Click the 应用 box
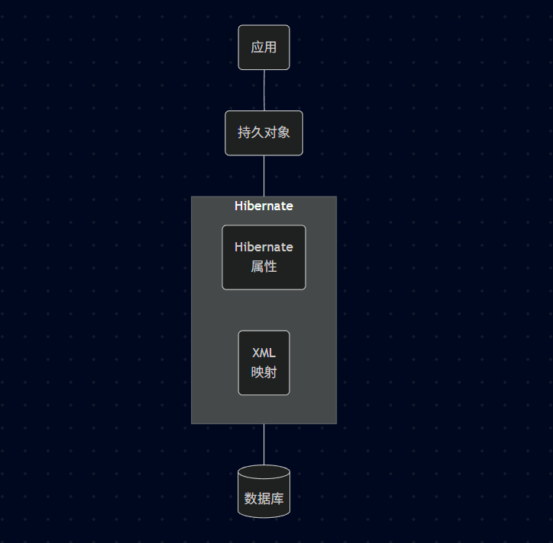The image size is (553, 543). point(264,47)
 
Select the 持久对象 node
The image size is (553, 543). point(264,133)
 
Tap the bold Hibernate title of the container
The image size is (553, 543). point(264,206)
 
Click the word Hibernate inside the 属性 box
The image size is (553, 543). point(264,247)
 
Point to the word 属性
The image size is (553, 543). point(264,267)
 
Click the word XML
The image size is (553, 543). point(264,353)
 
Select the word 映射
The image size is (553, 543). point(264,372)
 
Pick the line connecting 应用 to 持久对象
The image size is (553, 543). point(264,90)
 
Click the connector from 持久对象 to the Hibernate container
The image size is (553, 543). point(264,176)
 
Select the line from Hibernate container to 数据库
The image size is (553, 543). point(264,444)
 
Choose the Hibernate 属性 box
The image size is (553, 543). point(264,257)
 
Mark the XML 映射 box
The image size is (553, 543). point(264,363)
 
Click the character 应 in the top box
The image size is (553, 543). point(257,47)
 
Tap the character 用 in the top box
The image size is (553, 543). point(270,47)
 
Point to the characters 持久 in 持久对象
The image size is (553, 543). point(251,133)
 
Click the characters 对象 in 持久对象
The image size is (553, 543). point(277,133)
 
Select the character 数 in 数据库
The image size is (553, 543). point(251,499)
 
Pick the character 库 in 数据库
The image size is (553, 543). point(277,499)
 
